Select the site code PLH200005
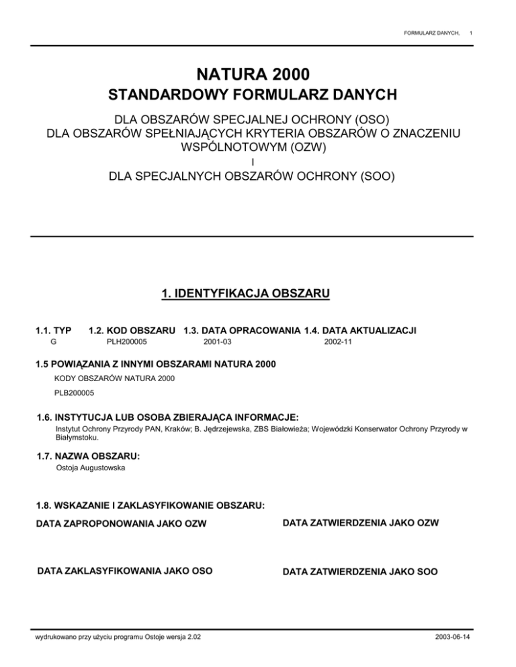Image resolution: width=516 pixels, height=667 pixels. [x=127, y=342]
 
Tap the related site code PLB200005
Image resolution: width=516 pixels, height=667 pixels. [x=74, y=393]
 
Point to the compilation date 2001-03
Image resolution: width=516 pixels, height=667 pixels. [x=217, y=342]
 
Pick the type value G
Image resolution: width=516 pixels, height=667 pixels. [x=54, y=342]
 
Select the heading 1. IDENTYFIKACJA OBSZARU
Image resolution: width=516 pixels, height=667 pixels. [x=258, y=293]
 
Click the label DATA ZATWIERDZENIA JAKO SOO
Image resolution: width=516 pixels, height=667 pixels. [x=360, y=572]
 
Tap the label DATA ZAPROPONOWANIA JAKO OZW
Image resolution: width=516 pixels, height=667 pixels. [x=121, y=523]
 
